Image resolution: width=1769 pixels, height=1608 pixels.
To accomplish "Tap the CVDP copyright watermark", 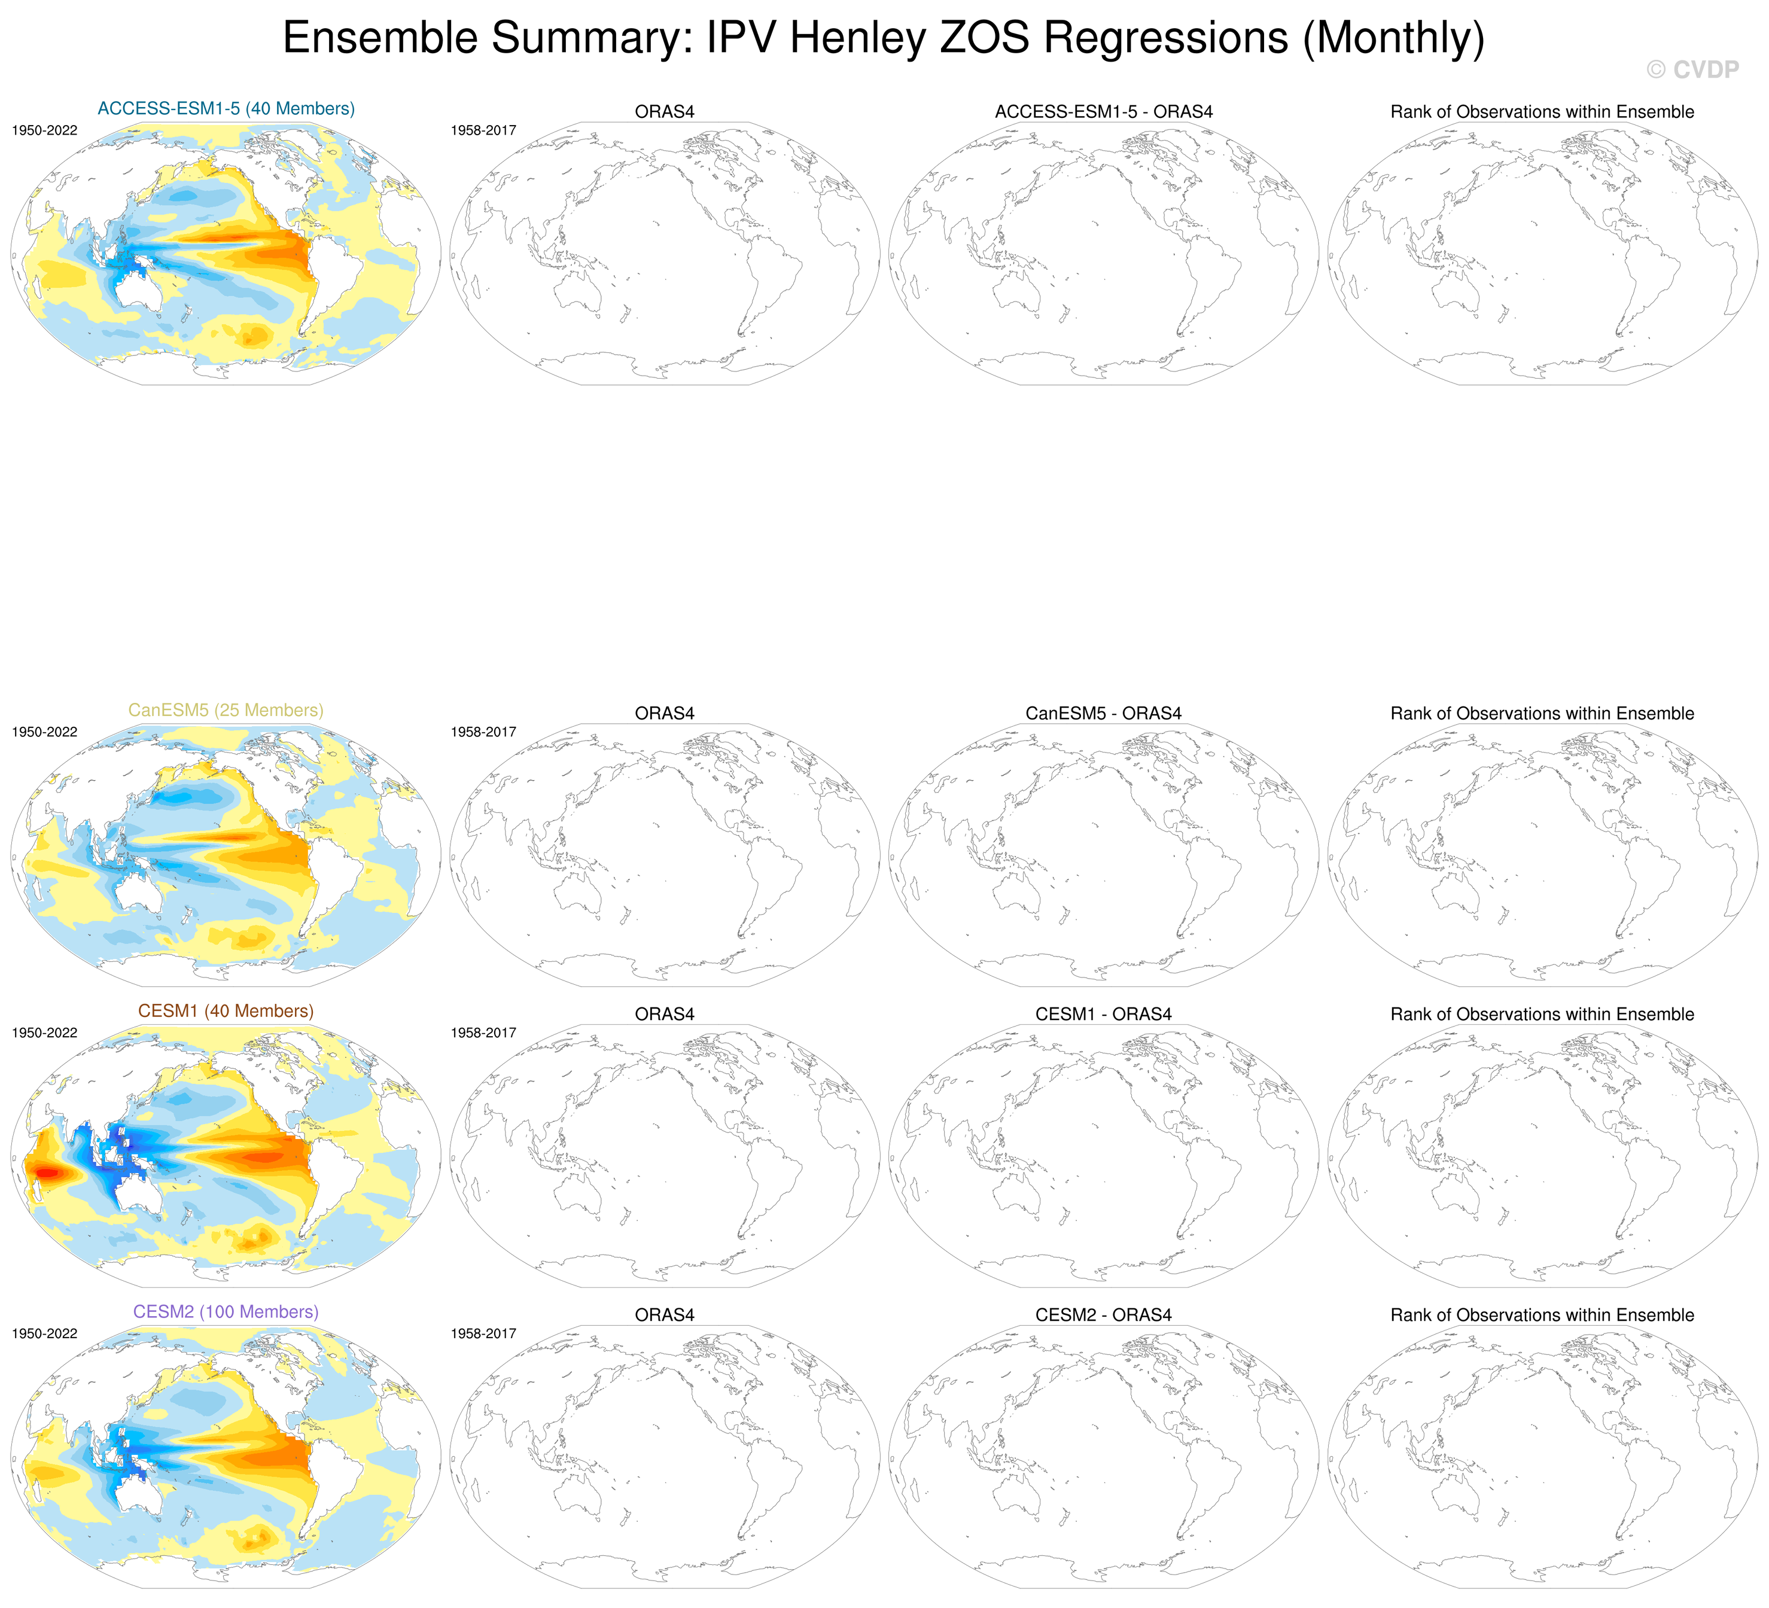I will coord(1692,70).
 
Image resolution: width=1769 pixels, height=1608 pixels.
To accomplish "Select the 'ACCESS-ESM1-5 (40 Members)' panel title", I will coord(226,109).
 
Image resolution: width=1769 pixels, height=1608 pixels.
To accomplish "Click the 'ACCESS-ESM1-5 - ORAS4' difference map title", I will coord(1104,112).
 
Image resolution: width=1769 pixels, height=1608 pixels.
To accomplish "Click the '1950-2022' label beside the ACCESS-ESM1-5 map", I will coord(45,131).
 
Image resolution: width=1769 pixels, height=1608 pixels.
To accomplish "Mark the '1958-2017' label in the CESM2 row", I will coord(483,1334).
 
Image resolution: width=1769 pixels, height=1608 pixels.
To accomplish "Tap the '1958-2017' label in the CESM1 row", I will coord(483,1033).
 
